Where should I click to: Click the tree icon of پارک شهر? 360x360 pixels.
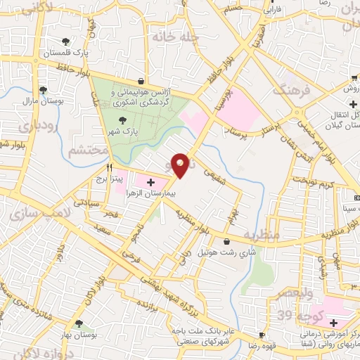(124, 120)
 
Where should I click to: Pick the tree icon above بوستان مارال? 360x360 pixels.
(44, 90)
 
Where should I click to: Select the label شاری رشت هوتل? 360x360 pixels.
(221, 252)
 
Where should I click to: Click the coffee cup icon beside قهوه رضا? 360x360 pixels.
(262, 335)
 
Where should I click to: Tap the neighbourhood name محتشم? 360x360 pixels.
(89, 150)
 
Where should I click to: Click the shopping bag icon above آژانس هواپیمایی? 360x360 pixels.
(142, 81)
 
